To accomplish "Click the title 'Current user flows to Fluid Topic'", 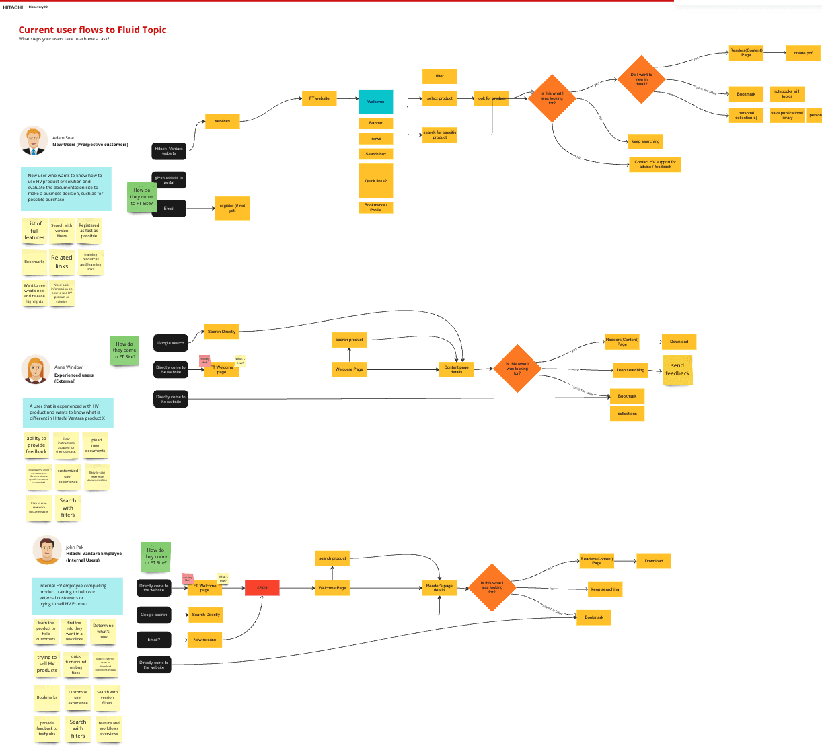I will [92, 30].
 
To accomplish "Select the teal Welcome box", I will [375, 102].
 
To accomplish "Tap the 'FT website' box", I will [319, 98].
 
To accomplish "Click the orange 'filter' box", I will [439, 76].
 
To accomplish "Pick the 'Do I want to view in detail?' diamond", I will [641, 79].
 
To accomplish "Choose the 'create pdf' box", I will [803, 53].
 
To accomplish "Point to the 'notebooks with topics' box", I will [786, 93].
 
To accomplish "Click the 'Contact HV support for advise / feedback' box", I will [655, 164].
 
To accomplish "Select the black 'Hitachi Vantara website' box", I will [169, 151].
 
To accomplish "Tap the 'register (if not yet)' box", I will [232, 208].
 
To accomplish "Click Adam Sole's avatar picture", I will [33, 141].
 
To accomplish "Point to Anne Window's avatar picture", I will [35, 369].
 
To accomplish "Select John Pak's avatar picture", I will [47, 550].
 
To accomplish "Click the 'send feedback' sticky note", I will [677, 370].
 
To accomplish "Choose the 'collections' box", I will [627, 414].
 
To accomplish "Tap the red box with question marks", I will [262, 588].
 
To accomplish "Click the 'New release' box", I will [204, 640].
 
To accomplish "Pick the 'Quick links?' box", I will [375, 181].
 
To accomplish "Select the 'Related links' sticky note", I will [62, 262].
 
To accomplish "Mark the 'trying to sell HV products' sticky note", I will [47, 664].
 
